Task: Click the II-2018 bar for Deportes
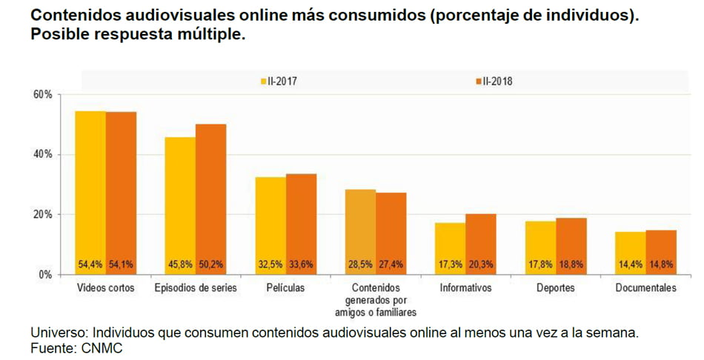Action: click(x=571, y=245)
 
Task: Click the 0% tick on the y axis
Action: click(x=44, y=274)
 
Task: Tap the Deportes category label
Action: click(x=556, y=288)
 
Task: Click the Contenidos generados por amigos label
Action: click(x=376, y=299)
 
